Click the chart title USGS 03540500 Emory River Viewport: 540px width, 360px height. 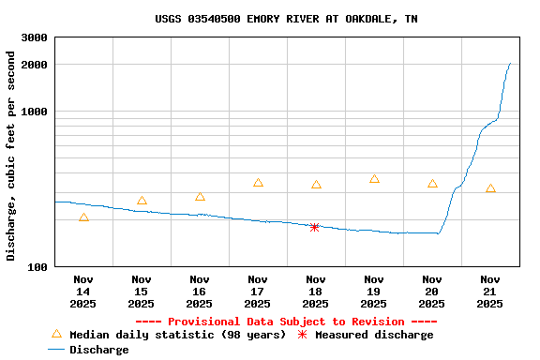click(287, 19)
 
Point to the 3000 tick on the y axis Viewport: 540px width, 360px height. click(35, 37)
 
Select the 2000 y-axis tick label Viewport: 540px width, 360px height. click(35, 65)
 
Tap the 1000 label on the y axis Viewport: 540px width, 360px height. click(35, 112)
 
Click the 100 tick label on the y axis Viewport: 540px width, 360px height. click(38, 267)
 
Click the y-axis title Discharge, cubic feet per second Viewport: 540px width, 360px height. click(11, 156)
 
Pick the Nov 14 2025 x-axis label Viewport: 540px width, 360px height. click(83, 292)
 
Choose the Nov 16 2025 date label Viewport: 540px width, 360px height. click(200, 292)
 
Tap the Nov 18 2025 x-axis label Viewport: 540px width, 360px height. click(316, 292)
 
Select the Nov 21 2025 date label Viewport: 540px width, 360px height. click(490, 292)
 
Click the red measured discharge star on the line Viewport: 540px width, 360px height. click(315, 227)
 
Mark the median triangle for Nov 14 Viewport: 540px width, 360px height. click(83, 217)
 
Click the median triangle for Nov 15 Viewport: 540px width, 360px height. click(142, 201)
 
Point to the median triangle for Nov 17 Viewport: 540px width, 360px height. click(258, 183)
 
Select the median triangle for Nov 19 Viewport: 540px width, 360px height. click(374, 179)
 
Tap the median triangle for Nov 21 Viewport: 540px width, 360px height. click(490, 189)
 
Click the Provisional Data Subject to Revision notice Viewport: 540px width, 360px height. click(286, 322)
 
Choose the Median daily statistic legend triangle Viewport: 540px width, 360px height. click(56, 334)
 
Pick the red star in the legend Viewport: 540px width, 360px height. click(302, 335)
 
